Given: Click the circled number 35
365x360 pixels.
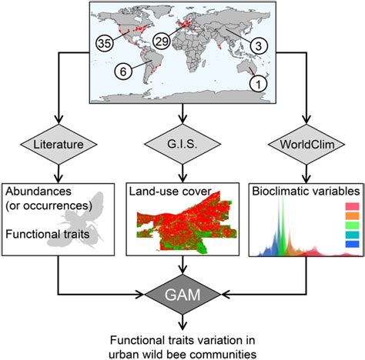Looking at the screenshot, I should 105,42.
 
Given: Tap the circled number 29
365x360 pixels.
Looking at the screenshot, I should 162,40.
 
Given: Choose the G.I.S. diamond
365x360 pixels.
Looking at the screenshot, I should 182,143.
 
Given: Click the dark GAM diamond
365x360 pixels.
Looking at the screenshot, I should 182,294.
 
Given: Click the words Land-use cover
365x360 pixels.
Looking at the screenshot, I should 162,190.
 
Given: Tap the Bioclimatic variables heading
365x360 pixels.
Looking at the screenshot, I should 300,190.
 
